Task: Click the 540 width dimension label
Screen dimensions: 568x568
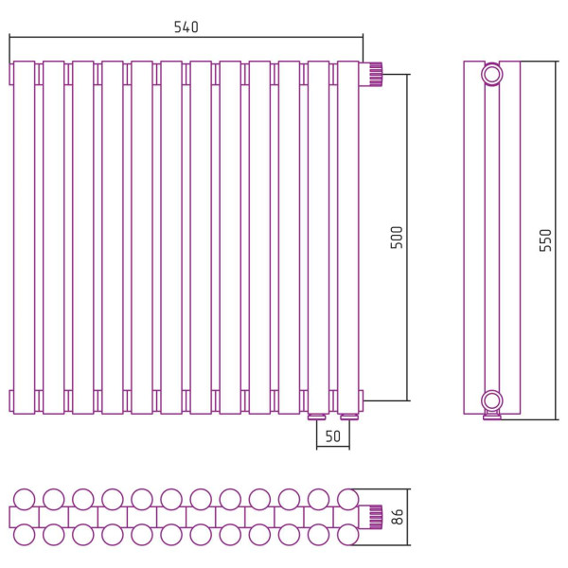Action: (186, 27)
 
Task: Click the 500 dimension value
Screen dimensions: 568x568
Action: (397, 238)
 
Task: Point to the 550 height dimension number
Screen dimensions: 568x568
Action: (545, 240)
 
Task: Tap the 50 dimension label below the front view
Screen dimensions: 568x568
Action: (333, 436)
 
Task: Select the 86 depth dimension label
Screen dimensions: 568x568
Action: (397, 517)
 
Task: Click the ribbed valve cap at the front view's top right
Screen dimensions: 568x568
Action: (376, 74)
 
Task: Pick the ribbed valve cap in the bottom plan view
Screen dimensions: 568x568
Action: (376, 517)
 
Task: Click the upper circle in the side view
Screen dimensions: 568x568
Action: (492, 75)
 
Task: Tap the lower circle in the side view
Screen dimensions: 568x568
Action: (492, 401)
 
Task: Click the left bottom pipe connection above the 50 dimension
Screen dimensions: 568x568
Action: (317, 417)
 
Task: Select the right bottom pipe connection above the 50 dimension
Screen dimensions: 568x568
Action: (349, 417)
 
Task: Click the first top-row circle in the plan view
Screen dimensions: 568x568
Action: (25, 499)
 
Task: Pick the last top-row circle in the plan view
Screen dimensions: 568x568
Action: (348, 499)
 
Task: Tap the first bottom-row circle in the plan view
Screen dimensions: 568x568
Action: (25, 535)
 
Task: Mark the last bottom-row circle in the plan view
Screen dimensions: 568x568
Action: (348, 535)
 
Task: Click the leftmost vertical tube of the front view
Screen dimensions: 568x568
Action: (25, 238)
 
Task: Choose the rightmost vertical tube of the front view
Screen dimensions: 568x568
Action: (348, 238)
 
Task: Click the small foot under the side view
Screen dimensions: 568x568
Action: (492, 416)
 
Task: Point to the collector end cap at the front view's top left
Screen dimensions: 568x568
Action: (11, 74)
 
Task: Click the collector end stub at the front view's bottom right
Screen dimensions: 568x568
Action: (362, 401)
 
